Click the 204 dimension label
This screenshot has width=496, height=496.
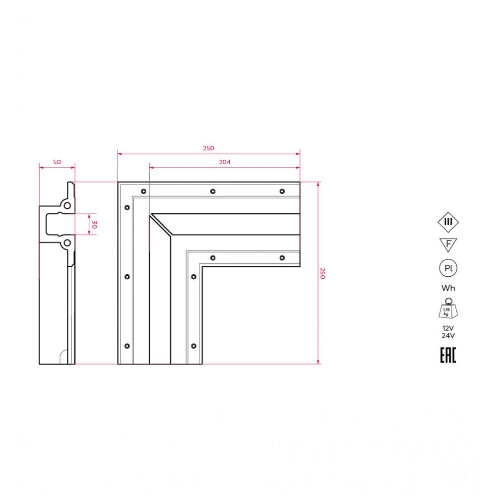(x=225, y=162)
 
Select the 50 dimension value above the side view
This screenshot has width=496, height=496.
(x=57, y=162)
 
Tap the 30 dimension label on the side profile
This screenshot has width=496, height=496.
(x=94, y=225)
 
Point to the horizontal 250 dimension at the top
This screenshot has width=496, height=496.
(x=208, y=148)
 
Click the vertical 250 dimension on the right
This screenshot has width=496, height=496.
(x=322, y=273)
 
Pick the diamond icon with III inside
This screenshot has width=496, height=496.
(x=448, y=222)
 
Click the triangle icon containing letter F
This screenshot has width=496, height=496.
(x=448, y=245)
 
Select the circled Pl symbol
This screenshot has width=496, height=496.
(x=448, y=268)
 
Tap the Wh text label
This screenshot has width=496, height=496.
(x=448, y=288)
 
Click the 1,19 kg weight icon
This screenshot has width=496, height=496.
(x=448, y=309)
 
